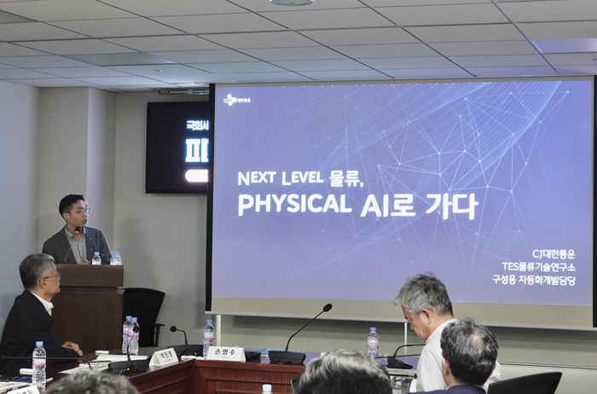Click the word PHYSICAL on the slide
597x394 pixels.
tap(294, 205)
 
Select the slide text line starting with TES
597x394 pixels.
tap(537, 267)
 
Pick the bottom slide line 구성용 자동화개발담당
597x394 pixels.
tap(533, 280)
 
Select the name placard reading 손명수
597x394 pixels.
tap(225, 352)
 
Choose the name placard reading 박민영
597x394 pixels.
tap(164, 356)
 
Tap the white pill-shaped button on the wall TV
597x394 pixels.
tap(196, 176)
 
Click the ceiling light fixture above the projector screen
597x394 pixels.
tap(292, 3)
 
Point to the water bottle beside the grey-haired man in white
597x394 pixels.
tap(373, 342)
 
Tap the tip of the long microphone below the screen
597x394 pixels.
tap(327, 307)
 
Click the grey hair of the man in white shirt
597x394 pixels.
tap(424, 290)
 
